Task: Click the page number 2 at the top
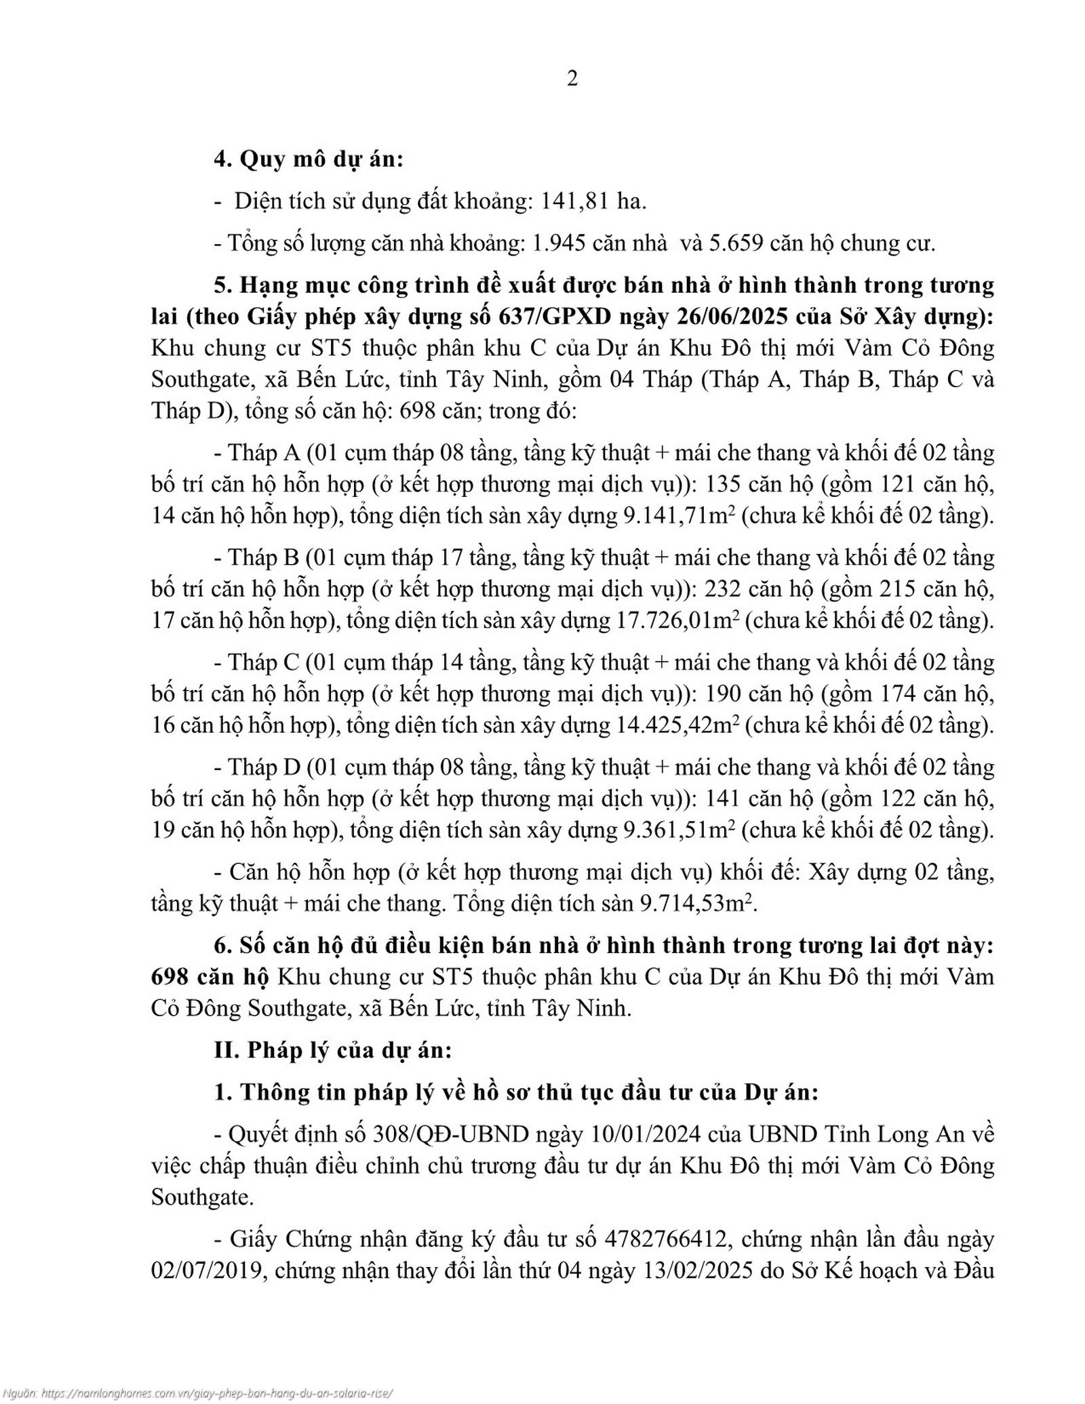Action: (x=572, y=79)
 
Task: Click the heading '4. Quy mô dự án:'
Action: (x=309, y=160)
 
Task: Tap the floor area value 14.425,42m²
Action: (x=677, y=725)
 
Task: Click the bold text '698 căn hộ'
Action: (x=210, y=977)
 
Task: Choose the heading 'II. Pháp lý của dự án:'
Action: (x=332, y=1050)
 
